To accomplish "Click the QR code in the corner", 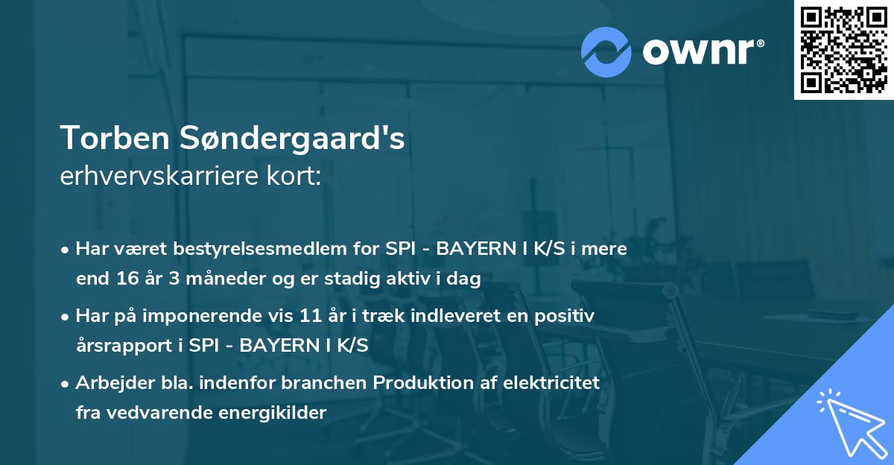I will point(844,49).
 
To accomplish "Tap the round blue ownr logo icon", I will point(606,51).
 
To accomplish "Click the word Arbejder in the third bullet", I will point(108,383).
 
